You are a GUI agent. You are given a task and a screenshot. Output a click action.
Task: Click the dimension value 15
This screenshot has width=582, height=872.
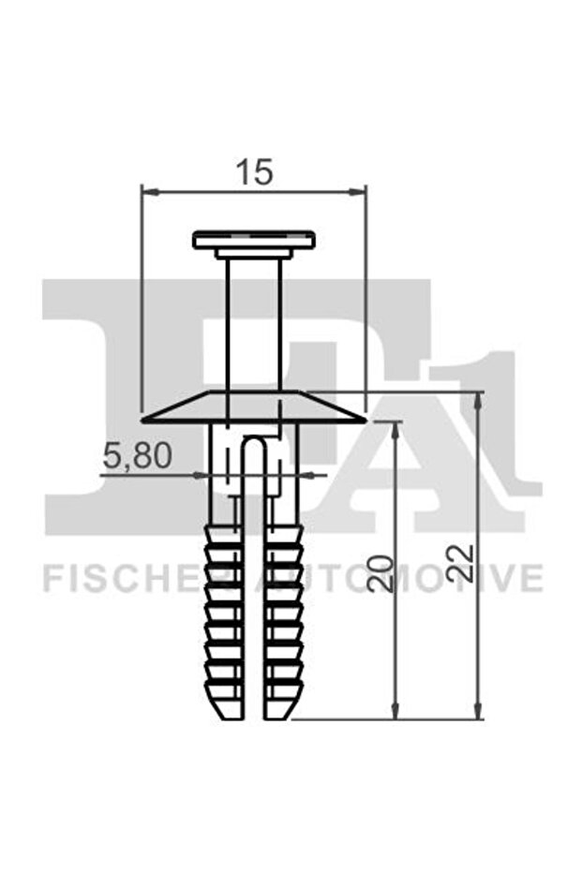(x=253, y=171)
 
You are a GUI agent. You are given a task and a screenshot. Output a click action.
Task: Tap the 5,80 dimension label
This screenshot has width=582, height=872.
(x=137, y=456)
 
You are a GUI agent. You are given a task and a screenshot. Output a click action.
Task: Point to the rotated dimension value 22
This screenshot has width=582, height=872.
(x=462, y=565)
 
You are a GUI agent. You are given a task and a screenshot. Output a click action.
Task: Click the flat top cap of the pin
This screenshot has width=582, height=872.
(x=253, y=240)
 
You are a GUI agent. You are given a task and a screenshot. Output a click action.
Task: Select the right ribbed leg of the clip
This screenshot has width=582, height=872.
(x=283, y=618)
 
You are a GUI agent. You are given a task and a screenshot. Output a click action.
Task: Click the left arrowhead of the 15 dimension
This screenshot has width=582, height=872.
(x=146, y=191)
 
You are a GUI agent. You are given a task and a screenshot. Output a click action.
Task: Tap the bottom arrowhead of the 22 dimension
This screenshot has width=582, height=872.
(x=478, y=713)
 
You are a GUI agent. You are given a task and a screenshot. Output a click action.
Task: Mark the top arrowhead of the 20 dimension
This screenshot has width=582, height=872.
(x=395, y=428)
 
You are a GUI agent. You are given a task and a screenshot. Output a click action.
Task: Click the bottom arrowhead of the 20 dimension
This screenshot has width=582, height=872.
(x=395, y=713)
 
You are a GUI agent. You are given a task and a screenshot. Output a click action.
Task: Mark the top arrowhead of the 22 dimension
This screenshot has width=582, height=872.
(x=478, y=399)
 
